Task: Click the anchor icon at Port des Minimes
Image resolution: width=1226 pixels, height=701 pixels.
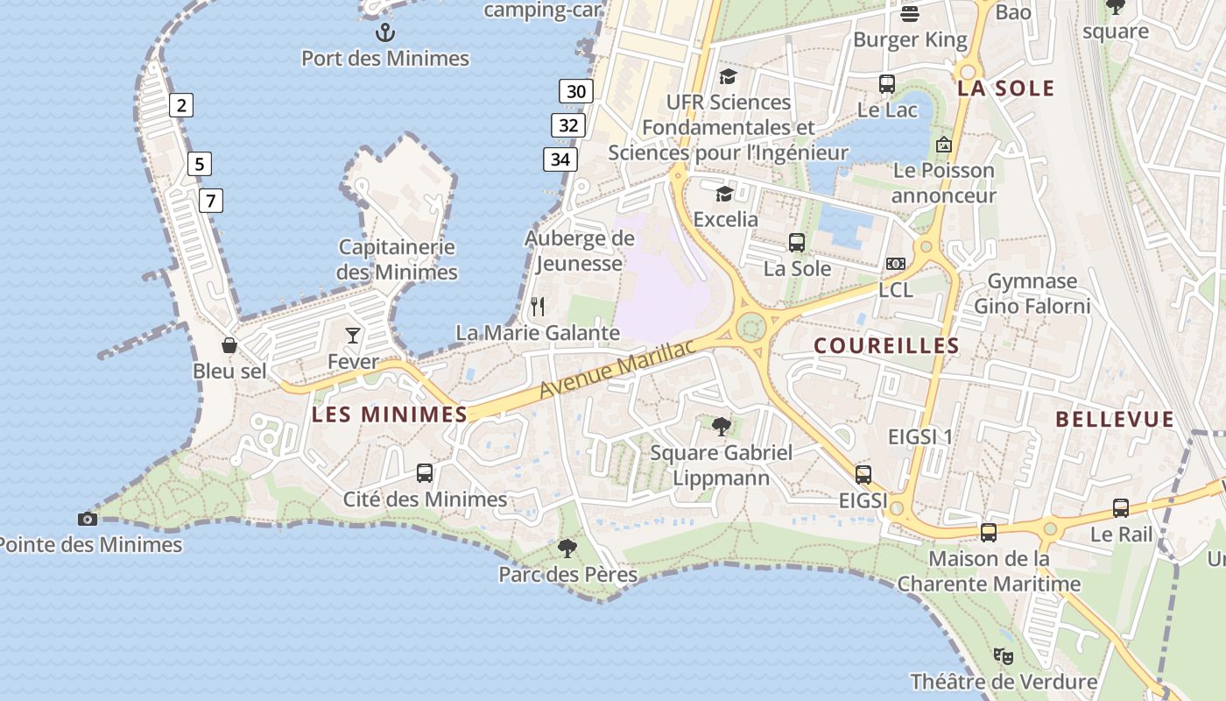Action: pos(385,33)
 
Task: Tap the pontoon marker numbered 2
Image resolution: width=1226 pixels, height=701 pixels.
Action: pos(181,106)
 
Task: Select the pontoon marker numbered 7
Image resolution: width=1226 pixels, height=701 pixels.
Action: pos(210,201)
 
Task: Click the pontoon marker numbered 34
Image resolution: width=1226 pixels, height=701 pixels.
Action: pos(560,159)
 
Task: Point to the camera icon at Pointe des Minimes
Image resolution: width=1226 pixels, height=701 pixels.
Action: pos(87,519)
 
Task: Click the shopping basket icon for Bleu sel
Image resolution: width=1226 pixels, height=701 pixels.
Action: pos(229,345)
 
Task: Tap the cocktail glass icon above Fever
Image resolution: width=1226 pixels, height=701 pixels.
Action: pos(352,335)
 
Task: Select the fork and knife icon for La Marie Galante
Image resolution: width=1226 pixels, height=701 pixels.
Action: pos(538,307)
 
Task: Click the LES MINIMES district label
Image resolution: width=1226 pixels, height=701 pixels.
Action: pos(390,414)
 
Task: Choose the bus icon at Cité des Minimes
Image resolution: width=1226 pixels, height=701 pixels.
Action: pos(425,473)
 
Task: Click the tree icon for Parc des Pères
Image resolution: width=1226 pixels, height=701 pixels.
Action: pos(567,549)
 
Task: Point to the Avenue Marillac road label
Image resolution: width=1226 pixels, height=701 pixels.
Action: pos(617,368)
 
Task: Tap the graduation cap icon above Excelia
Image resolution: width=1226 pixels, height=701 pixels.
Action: pos(724,194)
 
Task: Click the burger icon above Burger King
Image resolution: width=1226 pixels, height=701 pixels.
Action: pos(910,14)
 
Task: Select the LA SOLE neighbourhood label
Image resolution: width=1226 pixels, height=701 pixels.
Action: pos(1005,89)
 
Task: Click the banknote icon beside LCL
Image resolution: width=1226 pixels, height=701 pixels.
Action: pos(895,264)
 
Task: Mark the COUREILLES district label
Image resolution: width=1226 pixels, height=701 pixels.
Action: pos(886,346)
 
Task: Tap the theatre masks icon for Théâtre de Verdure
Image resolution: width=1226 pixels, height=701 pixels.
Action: pos(1004,655)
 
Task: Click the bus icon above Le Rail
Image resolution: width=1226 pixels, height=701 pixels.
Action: pos(1121,507)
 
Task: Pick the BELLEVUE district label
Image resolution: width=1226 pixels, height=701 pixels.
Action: pos(1114,420)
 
